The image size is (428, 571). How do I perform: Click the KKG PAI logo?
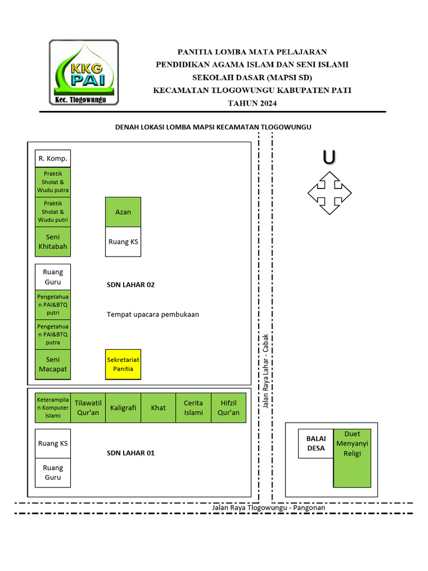tap(84, 72)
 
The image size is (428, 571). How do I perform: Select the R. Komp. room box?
tap(53, 158)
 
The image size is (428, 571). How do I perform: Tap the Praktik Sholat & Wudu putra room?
tap(53, 182)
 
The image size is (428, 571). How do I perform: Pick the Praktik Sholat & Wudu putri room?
tap(53, 212)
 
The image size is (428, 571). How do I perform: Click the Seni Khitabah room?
tap(53, 241)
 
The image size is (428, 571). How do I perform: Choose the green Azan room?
tap(123, 212)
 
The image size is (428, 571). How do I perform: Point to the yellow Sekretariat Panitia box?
tap(123, 364)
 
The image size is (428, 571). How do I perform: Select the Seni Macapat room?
tap(53, 364)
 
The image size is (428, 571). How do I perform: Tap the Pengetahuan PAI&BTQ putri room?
tap(53, 305)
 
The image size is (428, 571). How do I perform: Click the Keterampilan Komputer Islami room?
tap(53, 408)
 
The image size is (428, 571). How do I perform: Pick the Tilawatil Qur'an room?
tap(87, 408)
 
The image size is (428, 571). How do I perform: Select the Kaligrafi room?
tap(123, 408)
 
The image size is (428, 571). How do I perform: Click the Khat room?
tap(158, 408)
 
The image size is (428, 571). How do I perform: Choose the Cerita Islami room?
tap(193, 408)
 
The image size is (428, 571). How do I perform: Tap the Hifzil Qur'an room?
tap(228, 408)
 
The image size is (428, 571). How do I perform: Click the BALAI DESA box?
tap(315, 443)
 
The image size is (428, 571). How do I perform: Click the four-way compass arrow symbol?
tap(329, 193)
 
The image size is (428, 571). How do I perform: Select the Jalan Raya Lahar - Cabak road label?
tap(266, 371)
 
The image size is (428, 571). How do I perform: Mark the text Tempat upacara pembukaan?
tap(153, 314)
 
